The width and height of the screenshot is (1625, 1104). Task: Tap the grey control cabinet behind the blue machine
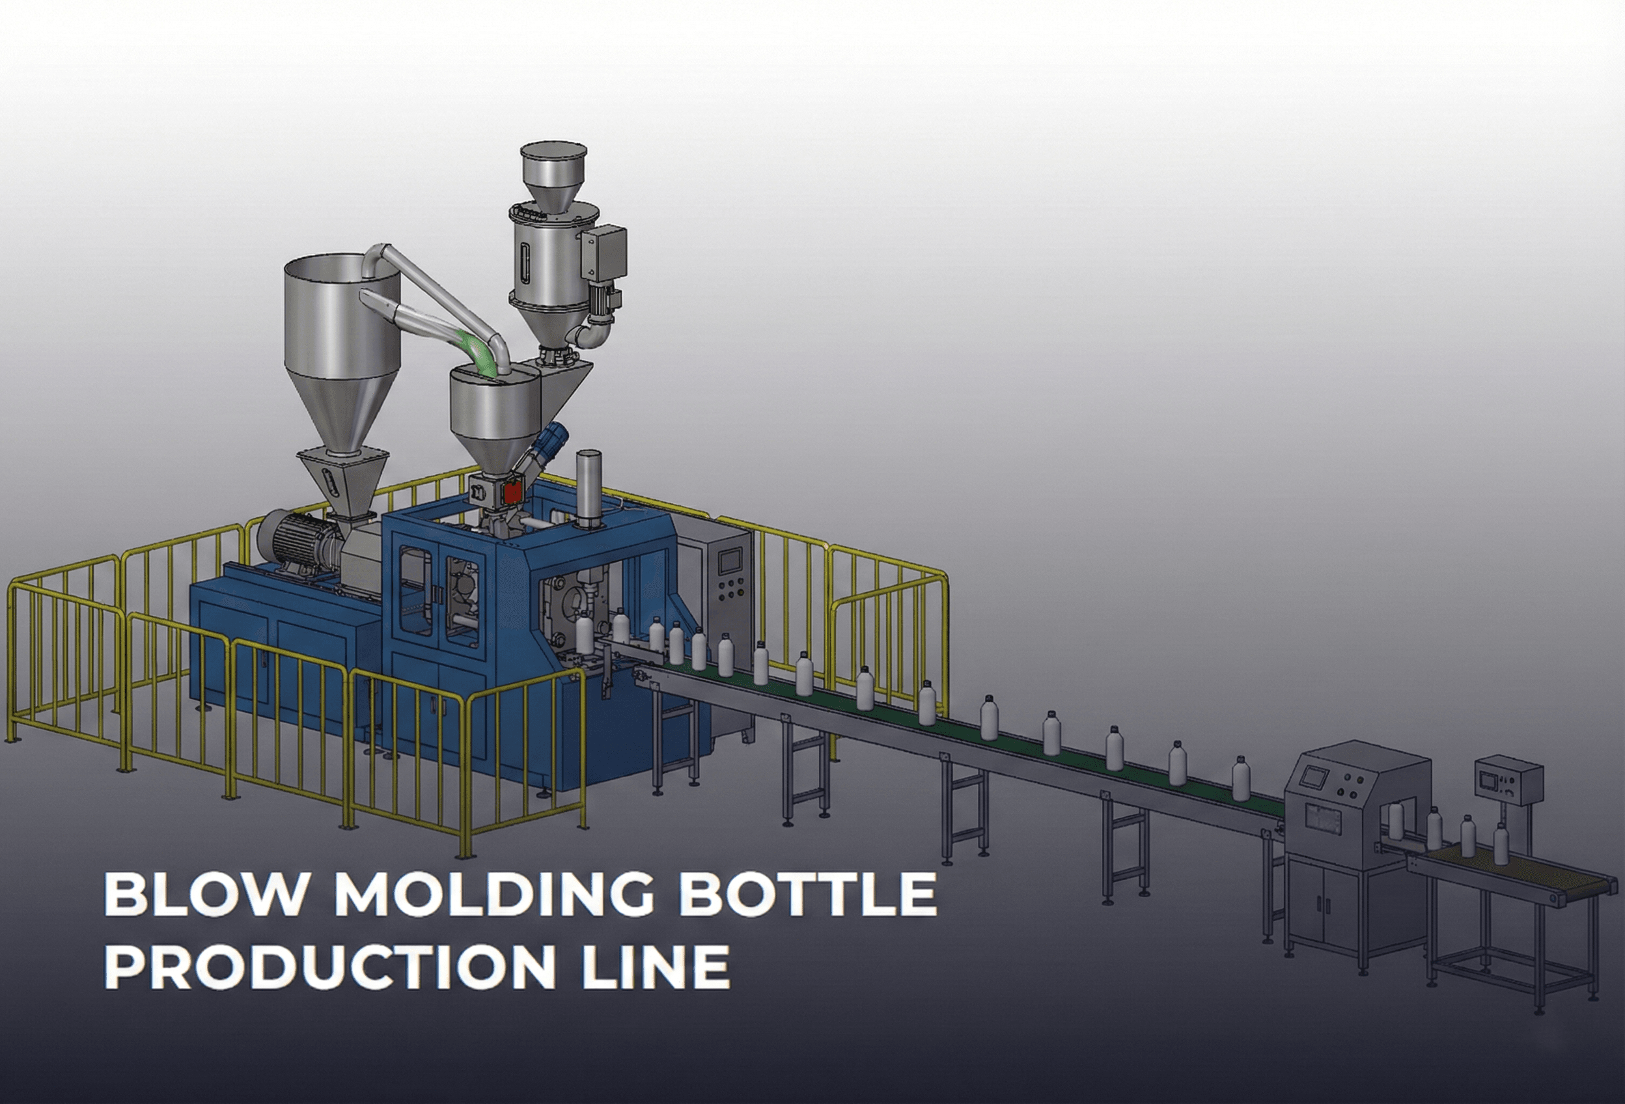pos(727,581)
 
